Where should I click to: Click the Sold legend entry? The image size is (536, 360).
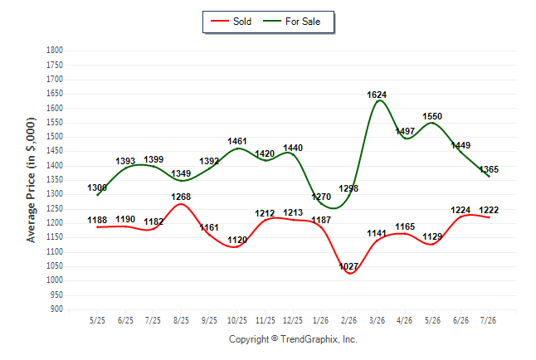click(x=231, y=22)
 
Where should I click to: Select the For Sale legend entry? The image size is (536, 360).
click(x=291, y=22)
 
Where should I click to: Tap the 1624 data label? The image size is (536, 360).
click(x=377, y=95)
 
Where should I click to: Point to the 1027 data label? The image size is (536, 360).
click(x=348, y=266)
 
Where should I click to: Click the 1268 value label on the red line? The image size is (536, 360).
click(x=181, y=197)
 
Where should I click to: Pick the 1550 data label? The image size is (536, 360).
click(x=432, y=117)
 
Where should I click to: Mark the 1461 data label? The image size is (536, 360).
click(x=237, y=141)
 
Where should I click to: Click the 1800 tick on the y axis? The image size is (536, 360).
click(x=55, y=51)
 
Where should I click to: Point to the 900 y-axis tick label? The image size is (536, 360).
click(x=56, y=309)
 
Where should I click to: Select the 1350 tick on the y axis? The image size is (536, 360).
click(x=55, y=179)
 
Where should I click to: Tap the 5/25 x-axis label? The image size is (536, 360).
click(x=97, y=320)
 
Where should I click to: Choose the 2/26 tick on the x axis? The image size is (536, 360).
click(x=348, y=320)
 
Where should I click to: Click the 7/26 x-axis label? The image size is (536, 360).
click(x=488, y=320)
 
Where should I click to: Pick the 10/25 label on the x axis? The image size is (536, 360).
click(x=237, y=320)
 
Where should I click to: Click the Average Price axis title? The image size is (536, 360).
click(x=31, y=180)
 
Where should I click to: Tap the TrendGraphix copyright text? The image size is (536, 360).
click(x=293, y=339)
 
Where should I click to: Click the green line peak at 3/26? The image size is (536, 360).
click(x=379, y=100)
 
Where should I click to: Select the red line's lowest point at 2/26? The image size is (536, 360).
click(x=350, y=274)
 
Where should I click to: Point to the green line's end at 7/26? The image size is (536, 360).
click(x=489, y=177)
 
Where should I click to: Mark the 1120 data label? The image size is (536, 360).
click(x=237, y=240)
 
